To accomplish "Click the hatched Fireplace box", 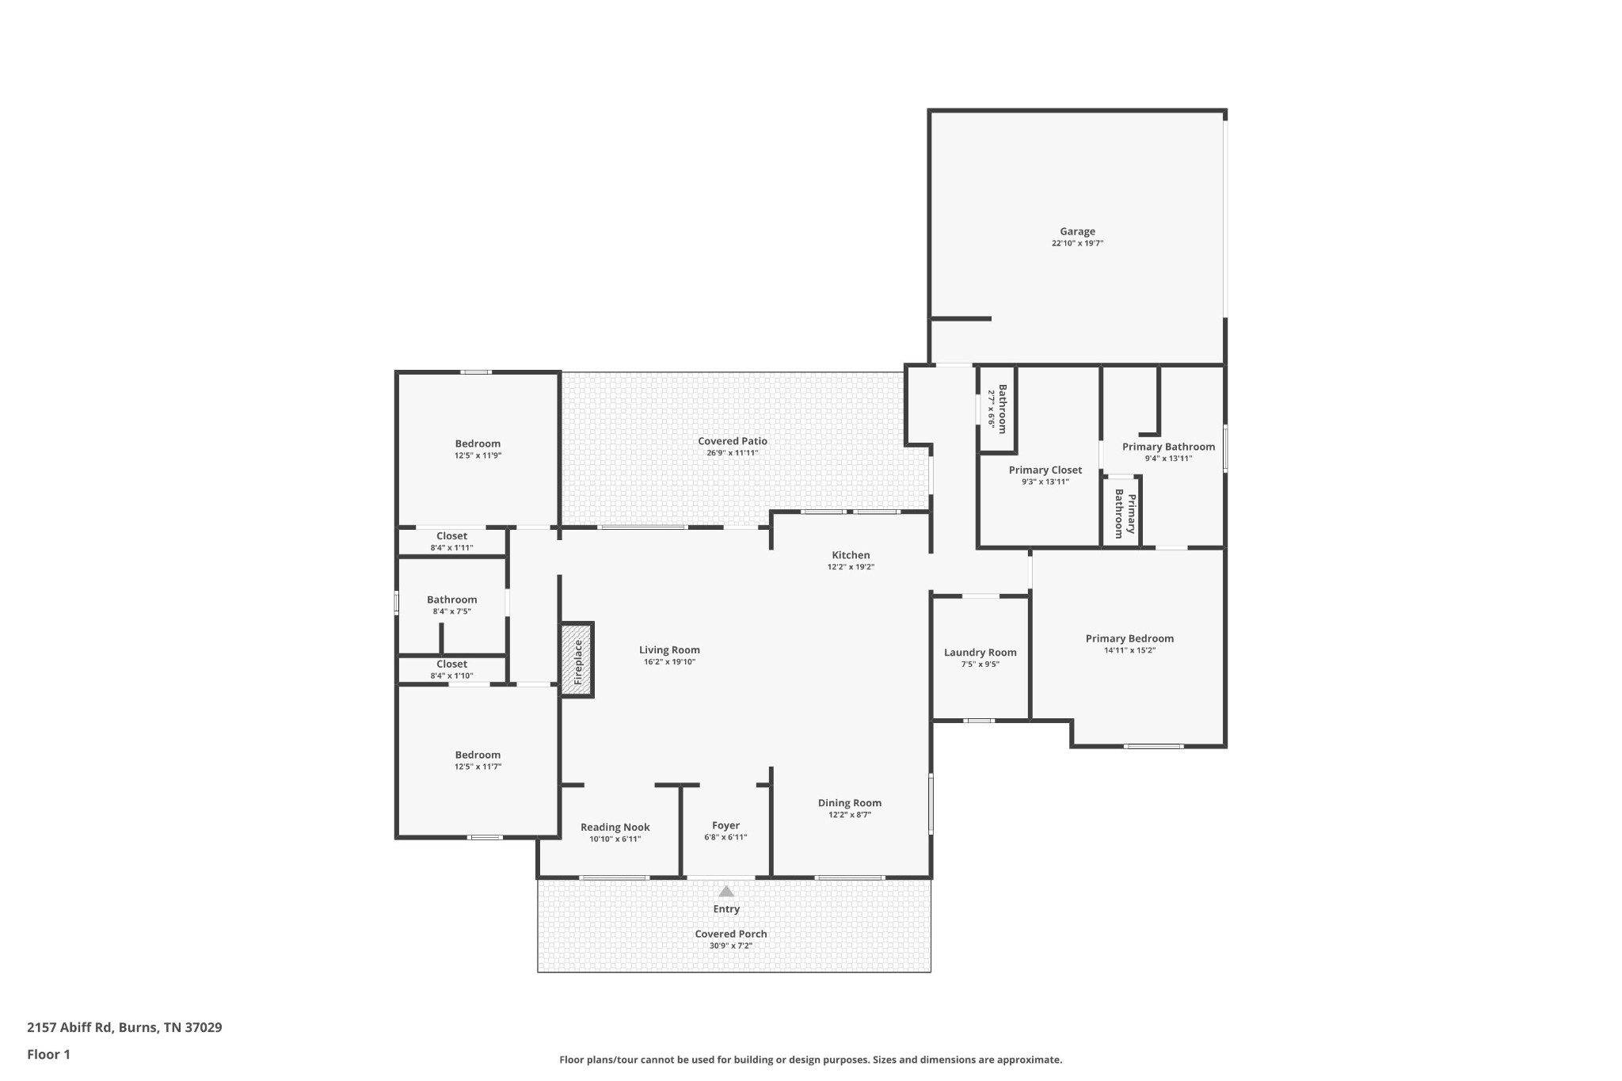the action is click(x=577, y=659).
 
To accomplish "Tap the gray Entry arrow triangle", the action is click(x=726, y=891).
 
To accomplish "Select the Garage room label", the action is click(x=1078, y=231).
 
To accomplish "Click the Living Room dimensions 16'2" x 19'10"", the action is click(x=669, y=662).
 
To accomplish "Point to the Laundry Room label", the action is click(x=980, y=653).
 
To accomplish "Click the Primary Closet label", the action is click(x=1045, y=470).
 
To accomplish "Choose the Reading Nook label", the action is click(x=615, y=828).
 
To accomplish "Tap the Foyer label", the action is click(x=726, y=825).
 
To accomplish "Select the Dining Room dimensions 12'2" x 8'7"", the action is click(x=850, y=814).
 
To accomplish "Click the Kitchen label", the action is click(x=851, y=555).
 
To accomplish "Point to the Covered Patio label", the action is click(x=733, y=441).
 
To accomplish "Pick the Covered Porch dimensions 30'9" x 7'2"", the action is click(x=731, y=946).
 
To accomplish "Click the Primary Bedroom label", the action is click(x=1130, y=638).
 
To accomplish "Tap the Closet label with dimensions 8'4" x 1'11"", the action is click(x=452, y=536).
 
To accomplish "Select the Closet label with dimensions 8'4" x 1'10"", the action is click(x=452, y=664).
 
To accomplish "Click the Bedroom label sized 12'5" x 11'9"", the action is click(x=478, y=443).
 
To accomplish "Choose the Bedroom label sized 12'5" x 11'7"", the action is click(x=478, y=755).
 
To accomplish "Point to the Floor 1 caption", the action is click(x=49, y=1054).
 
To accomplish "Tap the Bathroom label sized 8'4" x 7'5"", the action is click(x=452, y=599).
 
